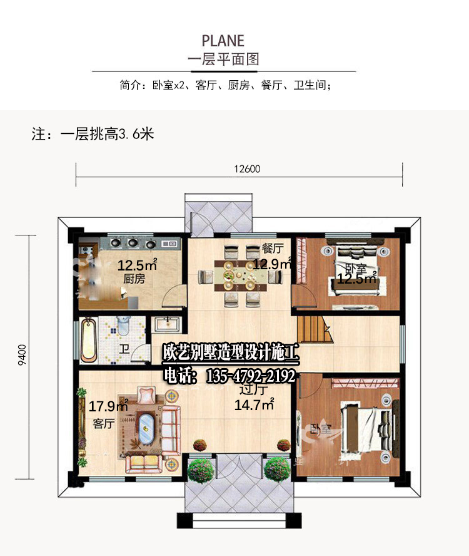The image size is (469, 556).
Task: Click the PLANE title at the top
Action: click(223, 41)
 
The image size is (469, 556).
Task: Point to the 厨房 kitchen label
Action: click(134, 279)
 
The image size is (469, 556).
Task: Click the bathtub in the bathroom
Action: click(88, 339)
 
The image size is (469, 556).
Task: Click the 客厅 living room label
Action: click(103, 424)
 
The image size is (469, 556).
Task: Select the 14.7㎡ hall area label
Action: click(255, 405)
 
